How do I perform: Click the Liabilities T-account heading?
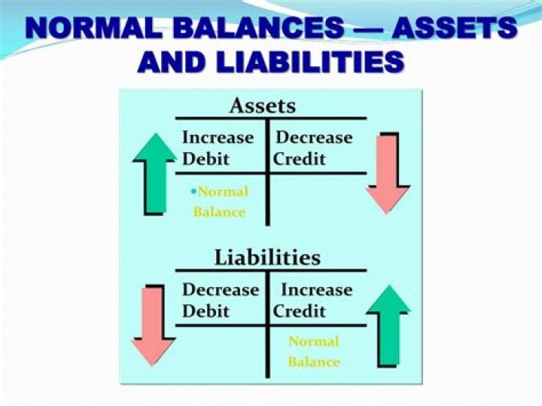[267, 258]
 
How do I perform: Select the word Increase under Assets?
[218, 138]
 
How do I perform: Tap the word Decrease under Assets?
[314, 138]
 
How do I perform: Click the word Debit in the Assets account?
[206, 159]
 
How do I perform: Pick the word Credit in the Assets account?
[299, 159]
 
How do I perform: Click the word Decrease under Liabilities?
[220, 290]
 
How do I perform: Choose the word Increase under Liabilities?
[316, 290]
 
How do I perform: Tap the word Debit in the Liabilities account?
[206, 311]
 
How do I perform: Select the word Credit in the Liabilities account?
[299, 311]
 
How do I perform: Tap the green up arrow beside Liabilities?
[388, 325]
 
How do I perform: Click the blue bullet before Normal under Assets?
[193, 191]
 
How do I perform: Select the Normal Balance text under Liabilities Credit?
[314, 352]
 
